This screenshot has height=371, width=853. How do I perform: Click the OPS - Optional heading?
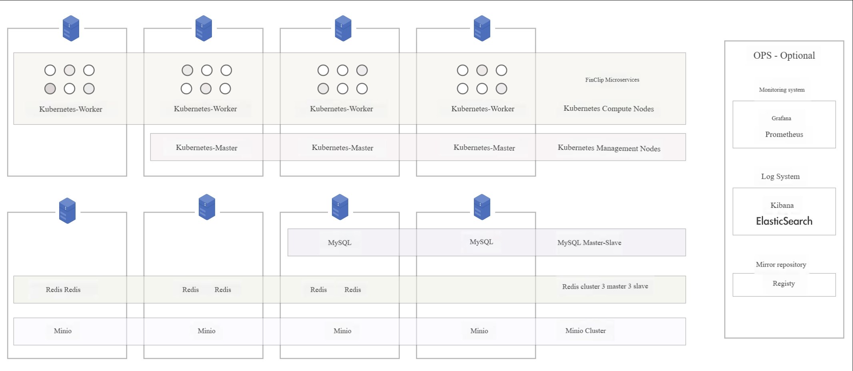pos(784,56)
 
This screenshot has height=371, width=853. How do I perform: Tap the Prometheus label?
pos(784,134)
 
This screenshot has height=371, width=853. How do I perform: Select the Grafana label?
pos(781,118)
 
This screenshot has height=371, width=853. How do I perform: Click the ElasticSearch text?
pos(784,221)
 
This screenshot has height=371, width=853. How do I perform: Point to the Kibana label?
pos(782,205)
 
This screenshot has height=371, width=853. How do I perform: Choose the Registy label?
pos(783,283)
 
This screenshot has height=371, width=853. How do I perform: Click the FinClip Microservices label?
pos(612,80)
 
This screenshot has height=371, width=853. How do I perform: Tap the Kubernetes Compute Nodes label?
pos(609,109)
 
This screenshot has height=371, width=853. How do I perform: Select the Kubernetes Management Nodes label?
pos(609,148)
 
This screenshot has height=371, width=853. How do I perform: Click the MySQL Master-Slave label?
pos(589,243)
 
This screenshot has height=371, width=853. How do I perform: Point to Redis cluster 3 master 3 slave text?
pos(605,286)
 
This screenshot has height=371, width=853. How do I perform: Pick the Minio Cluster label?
pos(585,331)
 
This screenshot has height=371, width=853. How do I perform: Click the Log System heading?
pos(780,176)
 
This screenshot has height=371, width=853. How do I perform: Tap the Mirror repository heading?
pos(781,264)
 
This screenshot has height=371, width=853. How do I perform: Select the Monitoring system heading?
pos(782,90)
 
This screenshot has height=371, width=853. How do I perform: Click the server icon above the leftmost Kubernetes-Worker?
pos(71,28)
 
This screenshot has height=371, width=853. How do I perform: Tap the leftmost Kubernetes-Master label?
pos(206,148)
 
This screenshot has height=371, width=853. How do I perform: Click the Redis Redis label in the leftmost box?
pos(63,289)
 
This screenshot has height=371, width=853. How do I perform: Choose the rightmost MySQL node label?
pos(481,242)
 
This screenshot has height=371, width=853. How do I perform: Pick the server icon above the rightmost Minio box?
pos(482,207)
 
